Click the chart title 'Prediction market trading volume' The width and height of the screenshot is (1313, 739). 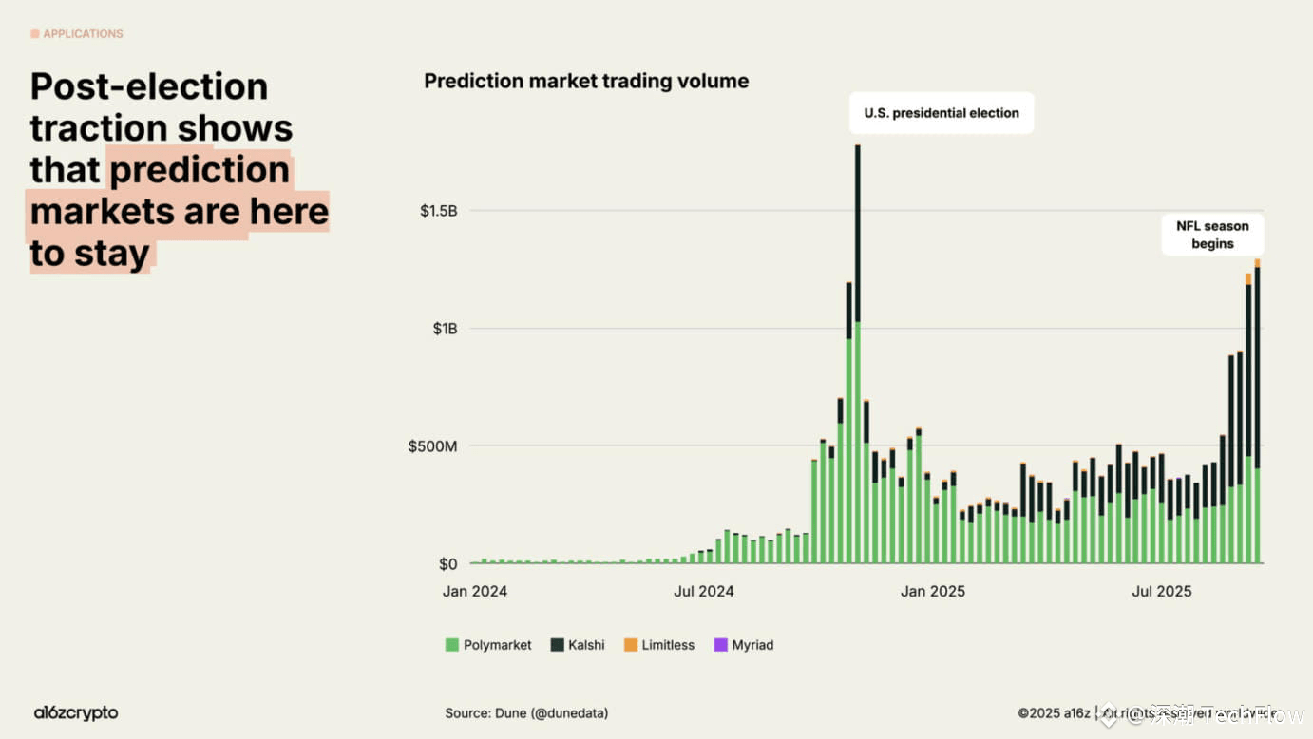click(586, 82)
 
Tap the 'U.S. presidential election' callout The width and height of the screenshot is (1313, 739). click(941, 113)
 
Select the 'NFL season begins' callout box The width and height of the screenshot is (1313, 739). click(1212, 235)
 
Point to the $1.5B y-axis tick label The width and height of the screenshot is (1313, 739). click(439, 211)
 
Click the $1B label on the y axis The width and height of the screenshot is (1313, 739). click(446, 329)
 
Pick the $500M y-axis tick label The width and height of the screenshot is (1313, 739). click(433, 446)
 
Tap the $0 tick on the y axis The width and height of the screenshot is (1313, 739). click(447, 564)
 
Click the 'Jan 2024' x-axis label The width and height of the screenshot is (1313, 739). click(475, 592)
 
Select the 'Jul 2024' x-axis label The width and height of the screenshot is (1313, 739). click(704, 592)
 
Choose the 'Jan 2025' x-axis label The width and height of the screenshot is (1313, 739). click(933, 592)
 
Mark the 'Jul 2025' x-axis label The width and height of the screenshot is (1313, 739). click(1161, 592)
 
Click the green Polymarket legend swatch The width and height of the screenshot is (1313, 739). click(452, 645)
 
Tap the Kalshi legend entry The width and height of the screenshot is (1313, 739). click(578, 645)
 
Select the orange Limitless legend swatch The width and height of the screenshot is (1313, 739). click(630, 645)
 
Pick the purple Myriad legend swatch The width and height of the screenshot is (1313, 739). click(720, 645)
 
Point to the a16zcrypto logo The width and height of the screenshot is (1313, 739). click(76, 712)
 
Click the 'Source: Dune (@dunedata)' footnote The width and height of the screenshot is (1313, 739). click(526, 713)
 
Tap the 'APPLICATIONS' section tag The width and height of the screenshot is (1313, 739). click(77, 34)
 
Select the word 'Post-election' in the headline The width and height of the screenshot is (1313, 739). click(149, 86)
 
